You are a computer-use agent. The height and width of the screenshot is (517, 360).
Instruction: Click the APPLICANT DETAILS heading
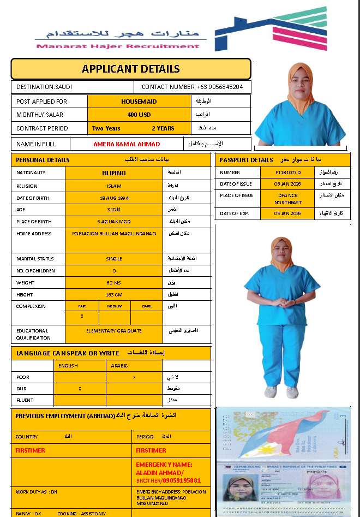(x=130, y=69)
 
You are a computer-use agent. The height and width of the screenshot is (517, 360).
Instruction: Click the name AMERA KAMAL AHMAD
(x=127, y=144)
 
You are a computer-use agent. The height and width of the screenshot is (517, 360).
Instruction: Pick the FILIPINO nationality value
(x=113, y=173)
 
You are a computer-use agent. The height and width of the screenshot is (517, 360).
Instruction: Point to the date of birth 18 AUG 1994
(x=113, y=197)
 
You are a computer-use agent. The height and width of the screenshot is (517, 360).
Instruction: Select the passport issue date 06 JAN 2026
(x=288, y=184)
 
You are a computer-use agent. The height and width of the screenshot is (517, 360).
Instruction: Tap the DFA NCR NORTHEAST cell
(x=288, y=199)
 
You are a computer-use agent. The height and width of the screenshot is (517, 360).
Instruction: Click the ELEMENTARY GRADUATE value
(x=113, y=331)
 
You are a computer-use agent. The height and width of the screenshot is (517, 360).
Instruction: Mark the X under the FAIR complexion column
(x=82, y=316)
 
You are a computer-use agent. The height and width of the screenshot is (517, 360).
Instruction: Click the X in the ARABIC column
(x=134, y=377)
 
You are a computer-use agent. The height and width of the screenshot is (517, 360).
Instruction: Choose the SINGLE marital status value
(x=113, y=259)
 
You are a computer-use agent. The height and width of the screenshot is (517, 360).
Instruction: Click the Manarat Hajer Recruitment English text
(x=118, y=46)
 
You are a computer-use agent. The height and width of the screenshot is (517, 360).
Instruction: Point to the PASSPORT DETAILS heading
(x=245, y=160)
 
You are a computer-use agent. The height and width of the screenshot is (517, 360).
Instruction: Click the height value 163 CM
(x=113, y=295)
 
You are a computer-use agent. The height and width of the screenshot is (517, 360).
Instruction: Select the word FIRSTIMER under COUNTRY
(x=31, y=450)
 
